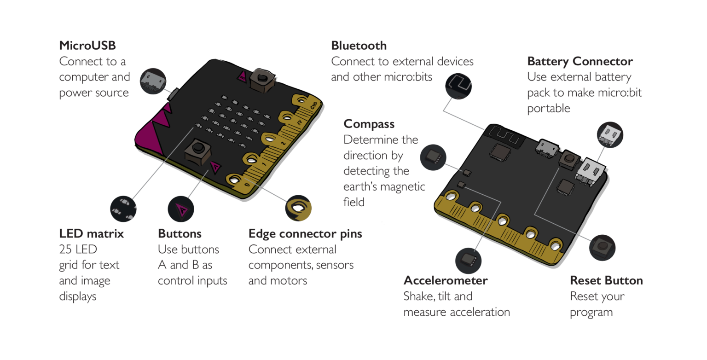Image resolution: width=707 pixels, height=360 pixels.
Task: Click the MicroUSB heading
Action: tap(87, 46)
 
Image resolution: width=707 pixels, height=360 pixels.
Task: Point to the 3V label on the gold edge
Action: tap(298, 123)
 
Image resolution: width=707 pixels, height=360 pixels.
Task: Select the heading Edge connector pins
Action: tap(305, 234)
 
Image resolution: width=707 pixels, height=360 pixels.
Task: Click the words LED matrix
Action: tap(91, 234)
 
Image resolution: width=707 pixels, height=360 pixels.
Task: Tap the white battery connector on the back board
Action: tap(588, 173)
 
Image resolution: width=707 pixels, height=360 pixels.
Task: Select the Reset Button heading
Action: tap(606, 281)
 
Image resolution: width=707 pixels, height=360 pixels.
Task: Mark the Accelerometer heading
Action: tap(445, 281)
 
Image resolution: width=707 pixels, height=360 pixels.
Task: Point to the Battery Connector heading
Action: tap(580, 61)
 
